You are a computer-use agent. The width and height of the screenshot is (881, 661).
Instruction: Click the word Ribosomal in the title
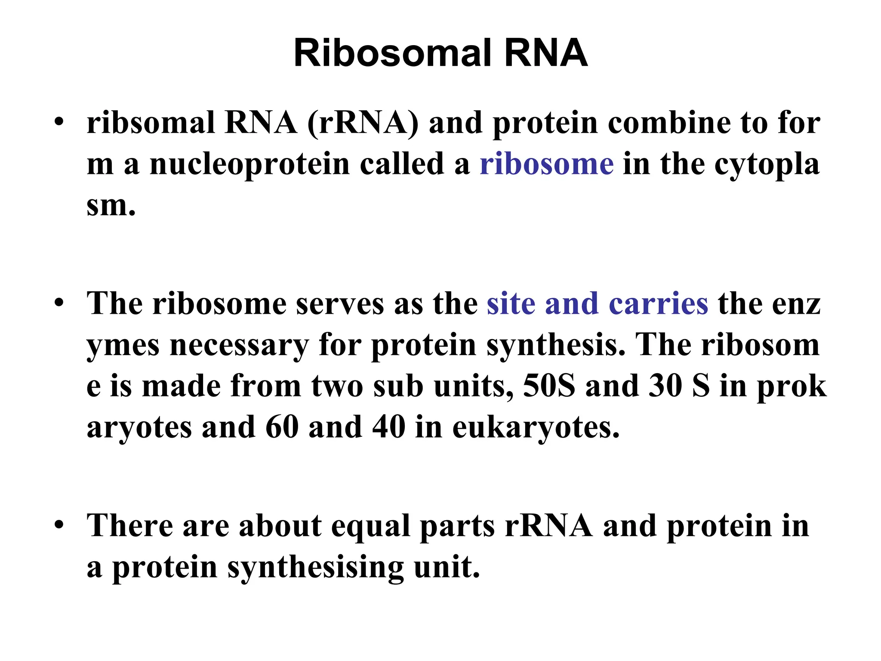click(x=392, y=53)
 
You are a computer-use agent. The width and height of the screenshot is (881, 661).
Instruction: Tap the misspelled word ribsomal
click(x=151, y=123)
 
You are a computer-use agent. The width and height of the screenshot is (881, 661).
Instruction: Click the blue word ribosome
click(x=546, y=164)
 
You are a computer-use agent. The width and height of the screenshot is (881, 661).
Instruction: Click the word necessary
click(x=239, y=346)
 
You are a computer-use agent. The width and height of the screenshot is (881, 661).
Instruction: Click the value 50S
click(x=549, y=386)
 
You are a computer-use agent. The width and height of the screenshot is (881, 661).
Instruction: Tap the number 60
click(x=282, y=427)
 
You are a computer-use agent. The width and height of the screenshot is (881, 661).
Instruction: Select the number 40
click(x=389, y=427)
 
